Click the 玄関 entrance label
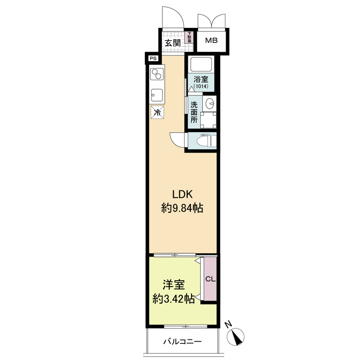[172, 43]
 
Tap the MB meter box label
[211, 41]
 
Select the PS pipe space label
[153, 58]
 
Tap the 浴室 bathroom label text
[200, 79]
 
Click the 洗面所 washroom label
[194, 112]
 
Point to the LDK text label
[182, 194]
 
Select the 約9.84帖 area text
[182, 208]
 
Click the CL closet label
[210, 279]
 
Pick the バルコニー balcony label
[182, 343]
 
